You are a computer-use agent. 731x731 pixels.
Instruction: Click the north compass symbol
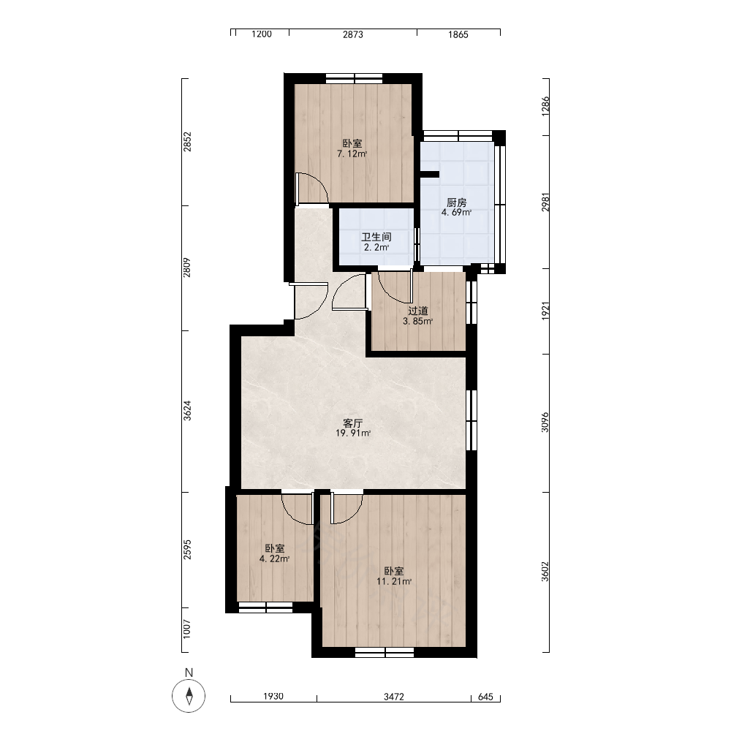pos(189,696)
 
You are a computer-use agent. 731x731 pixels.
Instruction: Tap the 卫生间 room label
pos(376,237)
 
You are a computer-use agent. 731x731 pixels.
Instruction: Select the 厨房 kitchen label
pos(456,202)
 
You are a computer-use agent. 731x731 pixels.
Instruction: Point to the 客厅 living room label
pos(353,423)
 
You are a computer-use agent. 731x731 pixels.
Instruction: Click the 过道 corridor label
pos(417,311)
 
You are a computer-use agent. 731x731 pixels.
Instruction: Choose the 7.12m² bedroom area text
pos(352,154)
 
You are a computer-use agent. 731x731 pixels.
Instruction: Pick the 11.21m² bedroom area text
pos(394,581)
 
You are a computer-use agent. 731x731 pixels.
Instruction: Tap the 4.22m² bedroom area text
pos(275,558)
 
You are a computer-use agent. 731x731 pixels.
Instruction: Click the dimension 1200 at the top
pos(262,34)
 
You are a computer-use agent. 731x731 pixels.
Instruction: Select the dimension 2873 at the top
pos(353,34)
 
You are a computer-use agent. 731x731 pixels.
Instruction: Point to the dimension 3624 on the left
pos(187,411)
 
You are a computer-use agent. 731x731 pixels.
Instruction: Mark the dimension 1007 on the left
pos(187,629)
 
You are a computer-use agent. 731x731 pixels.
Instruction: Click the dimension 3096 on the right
pos(545,422)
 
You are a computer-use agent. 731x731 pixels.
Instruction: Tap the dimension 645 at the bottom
pos(485,697)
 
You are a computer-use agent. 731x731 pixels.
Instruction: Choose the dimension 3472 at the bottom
pos(394,697)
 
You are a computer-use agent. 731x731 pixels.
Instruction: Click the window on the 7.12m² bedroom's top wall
pos(354,78)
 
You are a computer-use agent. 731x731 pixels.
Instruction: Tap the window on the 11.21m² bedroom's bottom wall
pos(385,652)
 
